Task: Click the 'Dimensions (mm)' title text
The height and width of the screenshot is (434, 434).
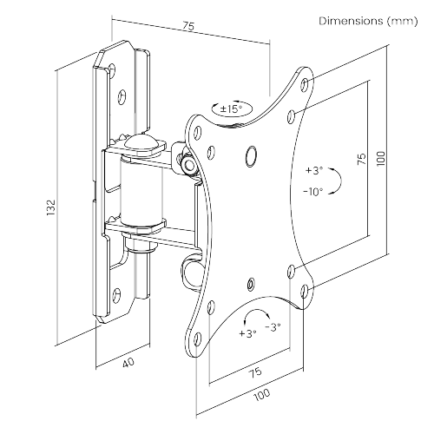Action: point(368,21)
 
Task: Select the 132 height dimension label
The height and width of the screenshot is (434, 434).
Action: point(50,207)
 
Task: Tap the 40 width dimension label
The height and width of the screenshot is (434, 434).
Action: point(128,363)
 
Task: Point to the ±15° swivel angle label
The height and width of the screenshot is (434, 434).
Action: point(231,109)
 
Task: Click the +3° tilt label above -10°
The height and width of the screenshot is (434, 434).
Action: point(314,170)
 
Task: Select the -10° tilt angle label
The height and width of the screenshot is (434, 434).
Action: point(313,192)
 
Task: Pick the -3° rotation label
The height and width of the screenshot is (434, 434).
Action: point(273,327)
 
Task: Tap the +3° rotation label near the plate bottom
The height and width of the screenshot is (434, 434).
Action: point(247,333)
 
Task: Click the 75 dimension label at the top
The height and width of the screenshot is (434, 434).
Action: point(188,26)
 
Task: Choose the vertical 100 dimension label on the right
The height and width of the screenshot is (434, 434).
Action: point(381,158)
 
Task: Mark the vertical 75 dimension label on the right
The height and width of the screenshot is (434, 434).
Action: point(362,159)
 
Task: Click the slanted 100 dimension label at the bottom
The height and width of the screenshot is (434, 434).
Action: point(262,394)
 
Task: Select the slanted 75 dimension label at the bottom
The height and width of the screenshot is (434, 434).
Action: point(255,373)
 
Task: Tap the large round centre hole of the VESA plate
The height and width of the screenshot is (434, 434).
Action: point(251,156)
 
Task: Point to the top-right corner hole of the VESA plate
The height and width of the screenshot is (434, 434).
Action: point(305,84)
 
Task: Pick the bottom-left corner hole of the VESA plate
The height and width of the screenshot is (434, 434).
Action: point(198,339)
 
